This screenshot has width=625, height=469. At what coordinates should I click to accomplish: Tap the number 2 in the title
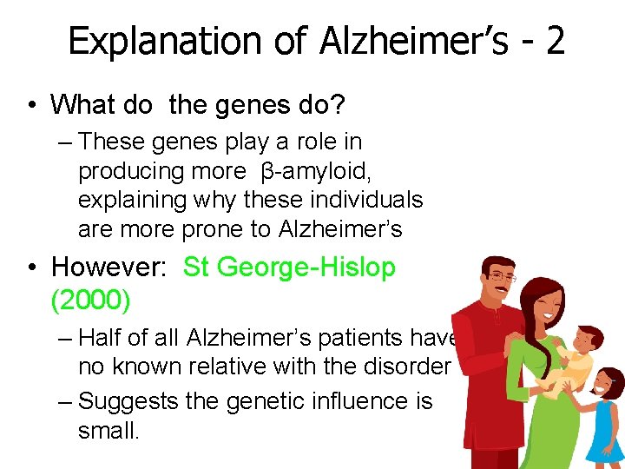[x=555, y=41]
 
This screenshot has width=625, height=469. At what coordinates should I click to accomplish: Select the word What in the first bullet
[x=84, y=104]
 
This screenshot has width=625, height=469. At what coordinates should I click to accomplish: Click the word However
[x=112, y=267]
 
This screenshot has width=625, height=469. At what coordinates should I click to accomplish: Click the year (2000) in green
[x=91, y=301]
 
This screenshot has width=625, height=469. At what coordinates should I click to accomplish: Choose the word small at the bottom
[x=109, y=430]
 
